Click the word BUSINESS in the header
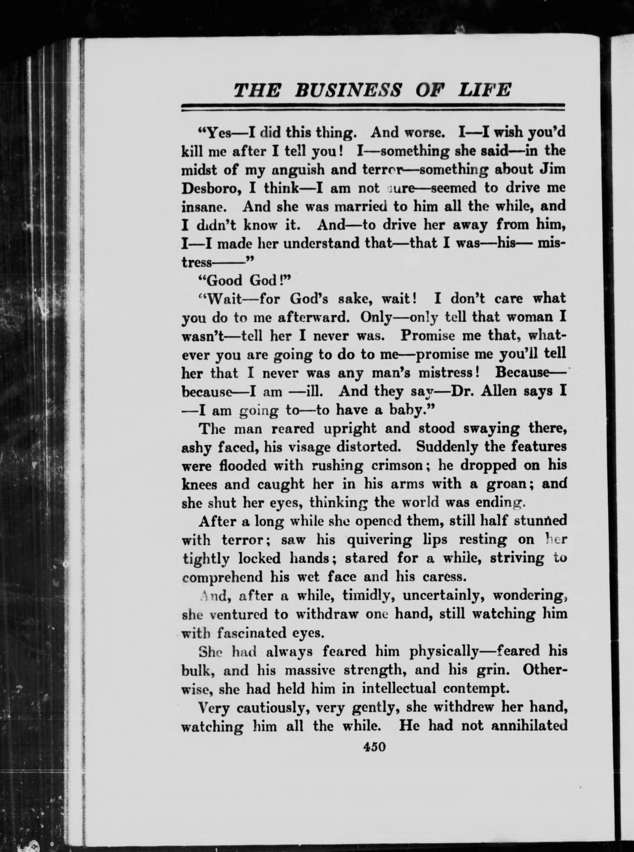[x=348, y=90]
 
